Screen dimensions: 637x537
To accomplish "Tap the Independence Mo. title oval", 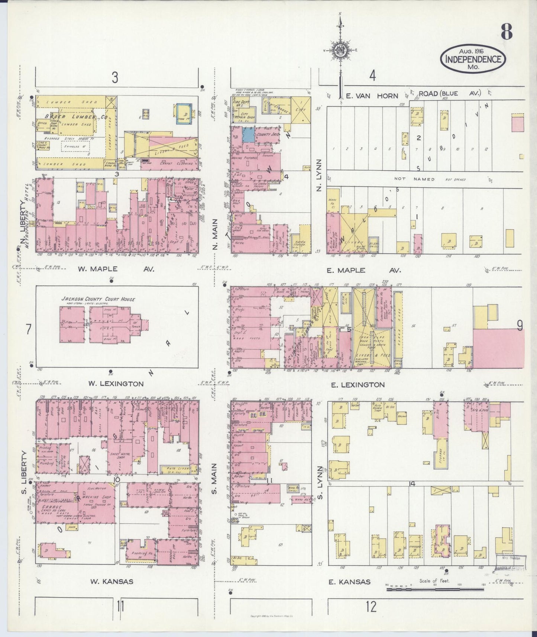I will coord(473,59).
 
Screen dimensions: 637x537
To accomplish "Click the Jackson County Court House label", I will coord(98,299).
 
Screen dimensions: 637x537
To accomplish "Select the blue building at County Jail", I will coord(249,134).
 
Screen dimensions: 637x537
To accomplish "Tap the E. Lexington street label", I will coord(358,385).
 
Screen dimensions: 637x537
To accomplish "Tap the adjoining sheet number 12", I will coord(371,607).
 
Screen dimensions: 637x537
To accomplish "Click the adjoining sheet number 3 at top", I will coord(115,78).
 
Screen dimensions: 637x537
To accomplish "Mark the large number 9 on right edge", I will coord(519,326).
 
